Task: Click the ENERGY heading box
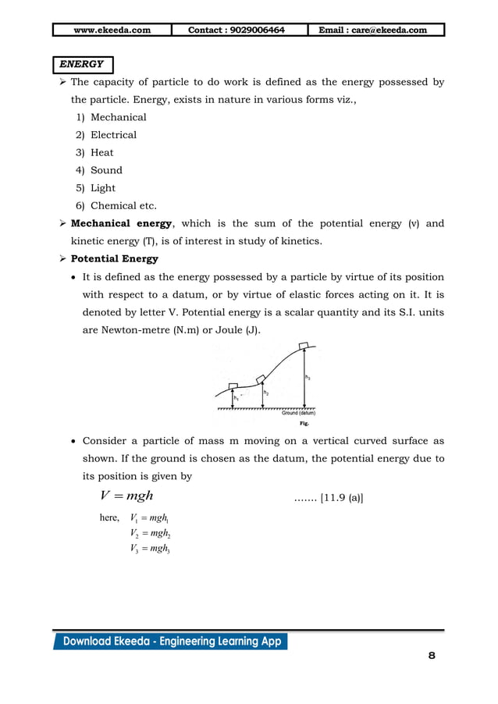[83, 64]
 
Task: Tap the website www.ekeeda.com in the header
[112, 30]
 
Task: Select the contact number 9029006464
[237, 30]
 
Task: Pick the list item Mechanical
[118, 117]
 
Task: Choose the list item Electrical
[113, 135]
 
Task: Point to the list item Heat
[101, 153]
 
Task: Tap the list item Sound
[106, 170]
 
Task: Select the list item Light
[102, 188]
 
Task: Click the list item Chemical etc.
[123, 206]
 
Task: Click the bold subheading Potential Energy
[115, 259]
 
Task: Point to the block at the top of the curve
[303, 345]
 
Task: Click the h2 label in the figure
[267, 393]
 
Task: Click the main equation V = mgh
[127, 496]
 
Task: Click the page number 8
[432, 655]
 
